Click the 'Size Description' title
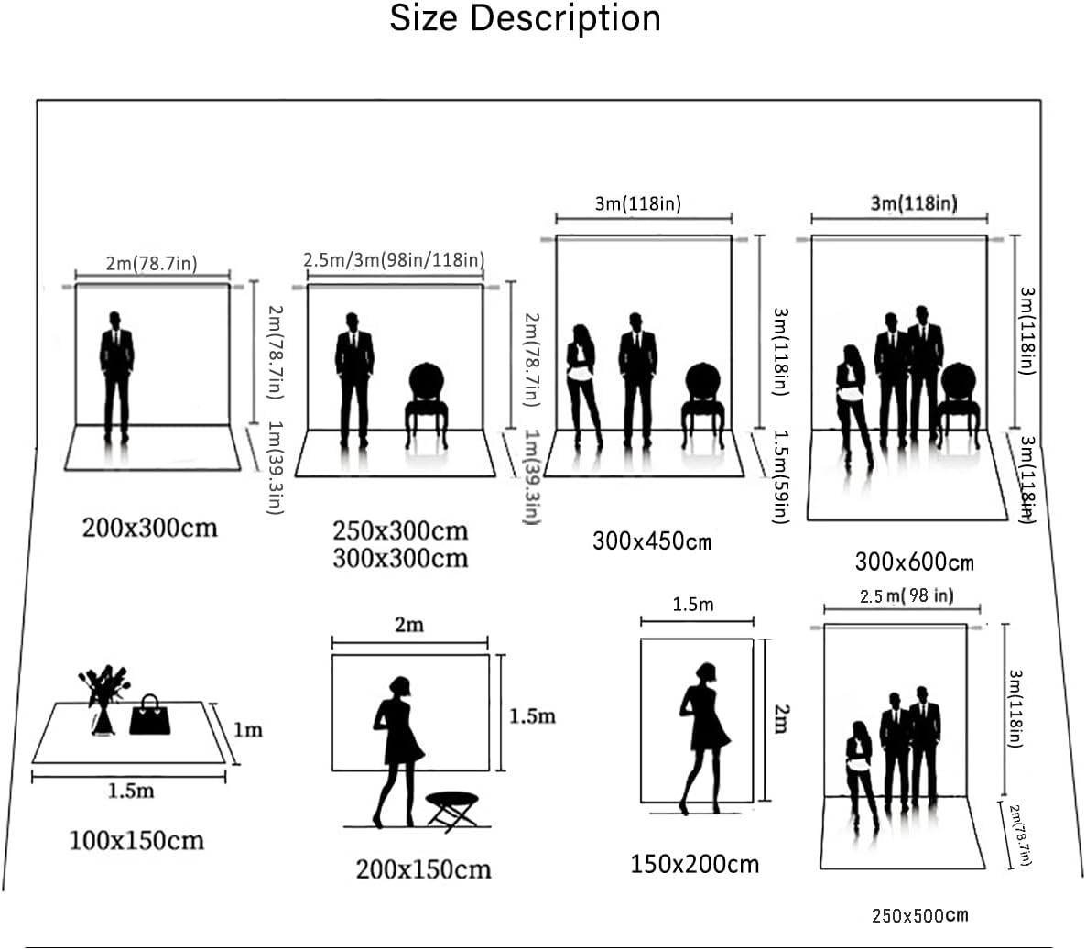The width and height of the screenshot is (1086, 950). [x=525, y=18]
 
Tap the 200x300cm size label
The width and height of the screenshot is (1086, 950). [x=149, y=528]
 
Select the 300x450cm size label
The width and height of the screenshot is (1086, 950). [x=652, y=541]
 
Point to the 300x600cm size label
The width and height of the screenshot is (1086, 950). [x=914, y=562]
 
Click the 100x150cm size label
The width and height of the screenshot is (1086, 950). [x=136, y=840]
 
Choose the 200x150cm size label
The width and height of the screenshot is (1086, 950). [x=423, y=869]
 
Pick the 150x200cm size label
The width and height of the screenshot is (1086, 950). [x=695, y=864]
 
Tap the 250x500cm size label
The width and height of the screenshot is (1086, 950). [x=919, y=915]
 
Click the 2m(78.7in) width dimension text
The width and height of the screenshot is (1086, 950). [x=152, y=263]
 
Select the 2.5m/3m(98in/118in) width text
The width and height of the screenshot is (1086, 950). [x=394, y=259]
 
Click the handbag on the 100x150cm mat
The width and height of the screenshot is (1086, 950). [x=149, y=715]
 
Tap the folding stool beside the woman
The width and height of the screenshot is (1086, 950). [x=451, y=812]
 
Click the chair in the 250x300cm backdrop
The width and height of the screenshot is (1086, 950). [x=427, y=405]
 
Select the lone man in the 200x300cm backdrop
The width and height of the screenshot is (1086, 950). [x=116, y=377]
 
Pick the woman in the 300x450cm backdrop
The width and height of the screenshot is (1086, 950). [x=583, y=386]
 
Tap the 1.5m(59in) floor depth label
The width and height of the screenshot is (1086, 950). [x=781, y=476]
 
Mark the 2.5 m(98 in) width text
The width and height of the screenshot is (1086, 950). [x=907, y=595]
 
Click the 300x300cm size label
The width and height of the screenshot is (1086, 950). [x=400, y=558]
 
